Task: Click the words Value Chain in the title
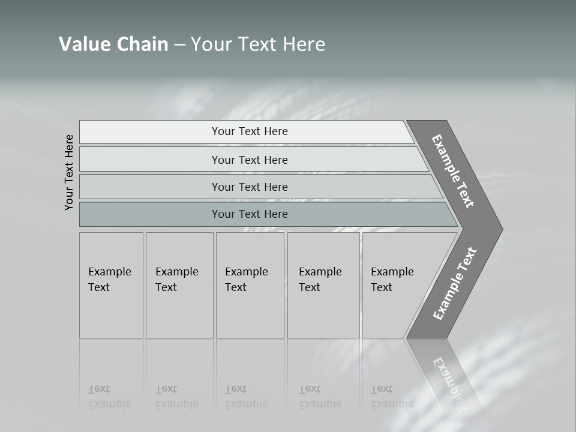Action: (113, 44)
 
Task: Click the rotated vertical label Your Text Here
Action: (69, 172)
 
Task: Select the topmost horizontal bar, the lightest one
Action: (150, 132)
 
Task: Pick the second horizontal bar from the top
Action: (150, 160)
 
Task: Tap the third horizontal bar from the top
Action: (150, 187)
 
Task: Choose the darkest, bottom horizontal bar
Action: (150, 214)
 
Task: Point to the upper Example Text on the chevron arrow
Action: (453, 171)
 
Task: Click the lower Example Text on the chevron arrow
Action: (455, 284)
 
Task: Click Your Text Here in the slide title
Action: (258, 44)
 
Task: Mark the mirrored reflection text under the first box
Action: (109, 397)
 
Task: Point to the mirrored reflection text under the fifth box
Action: (392, 397)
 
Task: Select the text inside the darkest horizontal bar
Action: (250, 214)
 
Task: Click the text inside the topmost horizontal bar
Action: (250, 131)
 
